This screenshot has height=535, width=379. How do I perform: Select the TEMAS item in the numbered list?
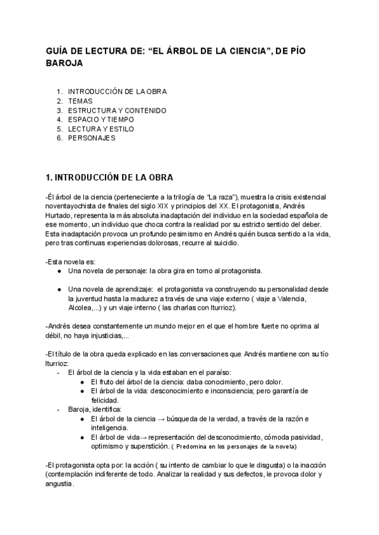point(80,100)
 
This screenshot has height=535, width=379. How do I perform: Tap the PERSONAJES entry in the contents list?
point(92,138)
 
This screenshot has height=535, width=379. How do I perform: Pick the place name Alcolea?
point(81,308)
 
